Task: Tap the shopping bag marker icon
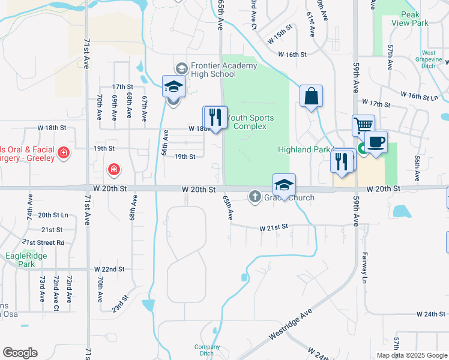[x=312, y=97]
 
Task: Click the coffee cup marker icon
[x=376, y=142]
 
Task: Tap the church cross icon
[x=255, y=196]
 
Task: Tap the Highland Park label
[x=304, y=149]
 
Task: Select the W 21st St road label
[x=274, y=228]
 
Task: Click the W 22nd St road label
[x=109, y=269]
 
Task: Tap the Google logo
[x=20, y=353]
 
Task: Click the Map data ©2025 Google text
[x=412, y=355]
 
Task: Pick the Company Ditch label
[x=207, y=350]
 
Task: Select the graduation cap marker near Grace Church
[x=284, y=184]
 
